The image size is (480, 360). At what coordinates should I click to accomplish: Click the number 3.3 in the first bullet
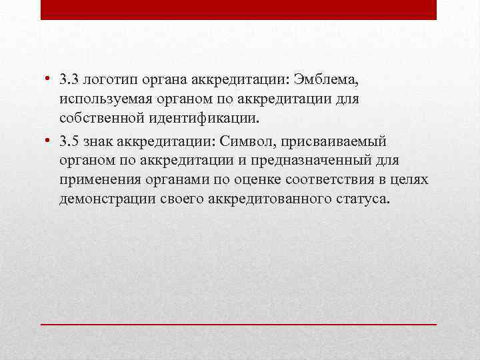68,81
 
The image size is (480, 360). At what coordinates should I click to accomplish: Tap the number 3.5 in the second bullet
68,141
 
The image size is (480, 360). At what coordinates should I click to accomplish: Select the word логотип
103,81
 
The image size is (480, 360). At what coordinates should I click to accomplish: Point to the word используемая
99,99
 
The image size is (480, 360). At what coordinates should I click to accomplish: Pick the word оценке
256,180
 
